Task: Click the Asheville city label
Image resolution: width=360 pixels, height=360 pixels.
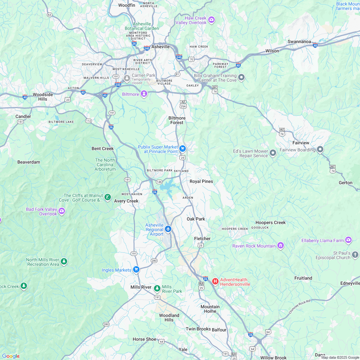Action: point(160,47)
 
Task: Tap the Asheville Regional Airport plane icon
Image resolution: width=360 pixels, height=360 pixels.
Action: point(168,229)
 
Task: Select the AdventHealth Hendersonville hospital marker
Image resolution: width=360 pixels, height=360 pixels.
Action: point(215,281)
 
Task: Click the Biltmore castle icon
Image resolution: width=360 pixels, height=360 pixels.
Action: point(144,94)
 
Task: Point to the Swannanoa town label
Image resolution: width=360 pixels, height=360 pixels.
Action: point(299,41)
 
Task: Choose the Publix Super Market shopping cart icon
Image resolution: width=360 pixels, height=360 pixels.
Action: point(183,148)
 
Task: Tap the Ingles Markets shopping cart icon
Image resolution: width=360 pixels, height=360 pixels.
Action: point(136,269)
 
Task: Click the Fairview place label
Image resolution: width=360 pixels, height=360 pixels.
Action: point(301,142)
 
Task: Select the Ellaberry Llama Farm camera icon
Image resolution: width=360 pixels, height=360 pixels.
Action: point(348,240)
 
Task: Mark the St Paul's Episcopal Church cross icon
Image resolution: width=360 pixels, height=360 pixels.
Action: point(355,255)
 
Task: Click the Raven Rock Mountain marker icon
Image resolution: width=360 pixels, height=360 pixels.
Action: point(281,246)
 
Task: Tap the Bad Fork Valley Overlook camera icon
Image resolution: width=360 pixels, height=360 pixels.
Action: point(62,211)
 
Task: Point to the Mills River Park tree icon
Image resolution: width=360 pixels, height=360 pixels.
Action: point(157,288)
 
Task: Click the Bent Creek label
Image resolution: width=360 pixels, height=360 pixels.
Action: point(103,148)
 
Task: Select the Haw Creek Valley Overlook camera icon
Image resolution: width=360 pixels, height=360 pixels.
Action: point(211,20)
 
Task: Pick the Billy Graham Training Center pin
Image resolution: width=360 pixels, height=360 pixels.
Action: point(241,77)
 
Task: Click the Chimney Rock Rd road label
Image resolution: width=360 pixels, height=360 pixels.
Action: point(299,307)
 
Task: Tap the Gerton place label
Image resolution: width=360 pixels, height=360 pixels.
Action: point(346,183)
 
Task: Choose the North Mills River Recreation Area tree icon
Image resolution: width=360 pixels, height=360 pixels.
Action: point(64,262)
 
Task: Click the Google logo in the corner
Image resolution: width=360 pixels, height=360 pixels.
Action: point(11,356)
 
